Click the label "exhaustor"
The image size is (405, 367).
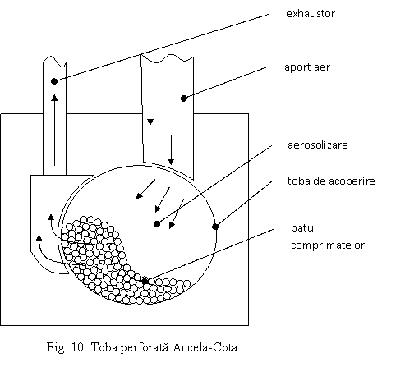pos(311,14)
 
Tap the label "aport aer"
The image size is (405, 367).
pos(307,67)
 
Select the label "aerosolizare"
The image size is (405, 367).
pos(318,145)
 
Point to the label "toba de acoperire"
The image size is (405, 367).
pos(331,181)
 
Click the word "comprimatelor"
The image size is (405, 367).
pos(328,245)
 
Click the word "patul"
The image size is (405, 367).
pos(303,228)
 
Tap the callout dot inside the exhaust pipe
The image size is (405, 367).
pos(54,81)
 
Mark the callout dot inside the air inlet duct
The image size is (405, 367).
pos(184,99)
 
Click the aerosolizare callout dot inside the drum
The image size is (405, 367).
pos(157,224)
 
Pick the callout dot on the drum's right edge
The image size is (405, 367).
pos(215,227)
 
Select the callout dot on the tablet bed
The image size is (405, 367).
pos(145,281)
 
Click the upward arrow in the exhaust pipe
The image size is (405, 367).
pos(54,130)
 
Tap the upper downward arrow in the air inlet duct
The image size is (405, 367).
pos(150,99)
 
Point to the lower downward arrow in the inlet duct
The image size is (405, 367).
pos(171,150)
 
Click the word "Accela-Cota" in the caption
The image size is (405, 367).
pos(205,347)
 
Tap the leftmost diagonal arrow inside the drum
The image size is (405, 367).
pos(145,189)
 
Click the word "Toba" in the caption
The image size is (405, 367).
pos(104,347)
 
